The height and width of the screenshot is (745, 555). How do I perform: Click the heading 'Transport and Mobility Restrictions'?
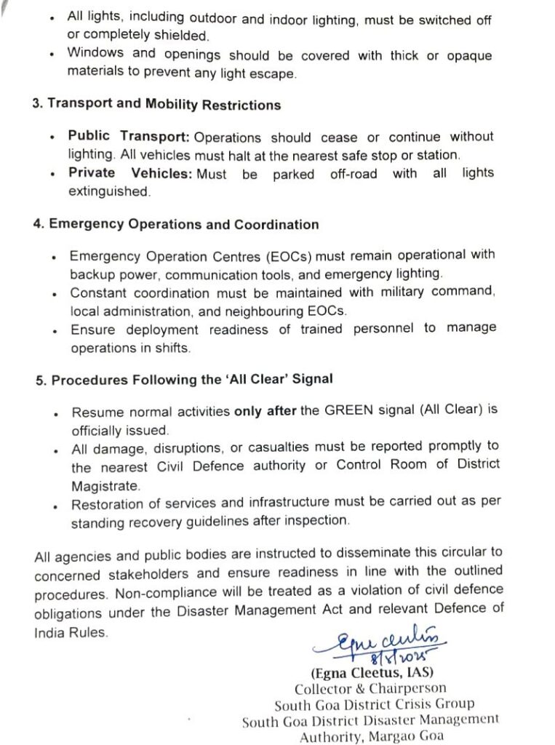coord(164,105)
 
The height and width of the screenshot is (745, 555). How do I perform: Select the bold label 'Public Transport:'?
coord(129,137)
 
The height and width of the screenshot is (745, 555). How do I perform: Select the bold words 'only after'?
coord(265,411)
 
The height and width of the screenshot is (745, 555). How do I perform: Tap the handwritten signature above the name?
coord(381,642)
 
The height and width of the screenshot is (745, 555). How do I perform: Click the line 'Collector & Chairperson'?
coord(370,688)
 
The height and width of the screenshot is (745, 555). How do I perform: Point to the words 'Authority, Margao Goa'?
coord(371,735)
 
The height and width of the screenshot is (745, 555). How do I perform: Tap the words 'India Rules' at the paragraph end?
coord(70,632)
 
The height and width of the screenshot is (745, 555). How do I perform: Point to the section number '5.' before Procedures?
coord(41,380)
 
